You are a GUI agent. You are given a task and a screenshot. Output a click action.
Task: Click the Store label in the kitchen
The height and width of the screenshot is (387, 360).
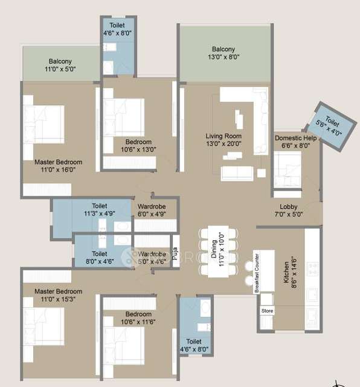(266, 311)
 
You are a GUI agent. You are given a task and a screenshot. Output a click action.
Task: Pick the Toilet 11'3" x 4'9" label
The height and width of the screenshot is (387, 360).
(100, 209)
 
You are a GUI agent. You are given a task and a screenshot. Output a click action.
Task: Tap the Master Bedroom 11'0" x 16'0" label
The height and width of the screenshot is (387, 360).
(58, 166)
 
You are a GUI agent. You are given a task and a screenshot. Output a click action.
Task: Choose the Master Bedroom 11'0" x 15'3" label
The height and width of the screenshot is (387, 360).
(58, 295)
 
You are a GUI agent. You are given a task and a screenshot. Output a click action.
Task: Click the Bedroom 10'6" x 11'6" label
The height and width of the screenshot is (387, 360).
(138, 318)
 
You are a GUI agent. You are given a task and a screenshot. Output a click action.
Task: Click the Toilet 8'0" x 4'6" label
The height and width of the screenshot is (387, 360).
(100, 258)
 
